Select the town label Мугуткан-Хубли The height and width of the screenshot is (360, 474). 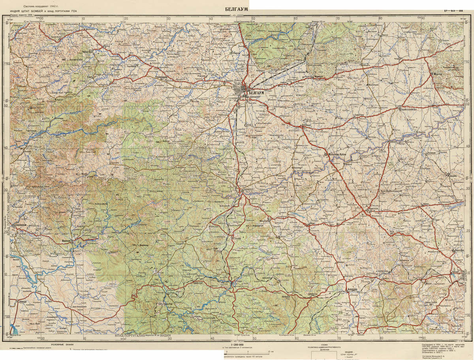coord(339,155)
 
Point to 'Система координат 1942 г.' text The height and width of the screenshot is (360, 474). coord(40,7)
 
